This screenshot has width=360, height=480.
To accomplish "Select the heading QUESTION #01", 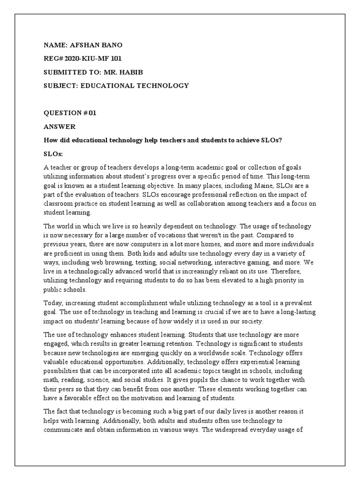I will click(x=69, y=113).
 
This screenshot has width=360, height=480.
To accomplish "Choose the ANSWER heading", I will click(x=59, y=127).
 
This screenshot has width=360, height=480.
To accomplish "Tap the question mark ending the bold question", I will click(x=280, y=140).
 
